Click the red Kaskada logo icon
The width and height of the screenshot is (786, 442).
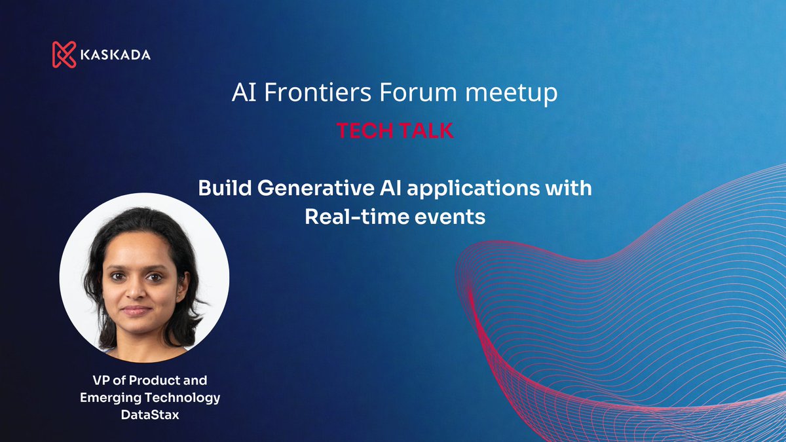click(x=64, y=54)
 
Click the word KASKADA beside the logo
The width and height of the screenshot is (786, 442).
click(x=115, y=55)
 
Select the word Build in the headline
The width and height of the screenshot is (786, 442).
click(x=225, y=189)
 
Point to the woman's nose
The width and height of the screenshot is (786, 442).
click(x=136, y=291)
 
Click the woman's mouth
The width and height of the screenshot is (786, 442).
click(x=136, y=310)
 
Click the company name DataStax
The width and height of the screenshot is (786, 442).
click(x=149, y=414)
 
